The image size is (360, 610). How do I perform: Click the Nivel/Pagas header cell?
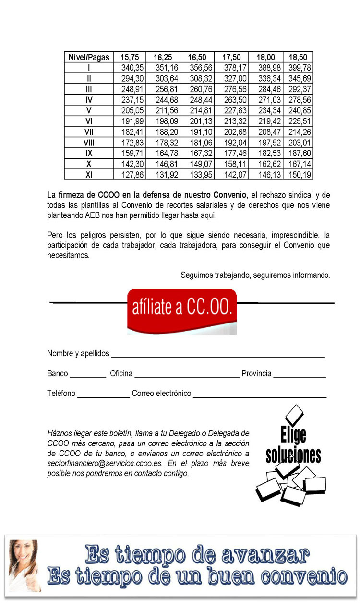pyautogui.click(x=89, y=57)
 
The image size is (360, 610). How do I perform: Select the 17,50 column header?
pyautogui.click(x=231, y=57)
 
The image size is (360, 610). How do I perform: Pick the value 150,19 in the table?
pyautogui.click(x=299, y=175)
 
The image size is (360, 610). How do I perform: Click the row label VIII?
pyautogui.click(x=89, y=143)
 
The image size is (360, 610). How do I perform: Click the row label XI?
pyautogui.click(x=89, y=175)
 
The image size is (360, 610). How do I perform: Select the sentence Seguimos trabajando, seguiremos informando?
pyautogui.click(x=255, y=275)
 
